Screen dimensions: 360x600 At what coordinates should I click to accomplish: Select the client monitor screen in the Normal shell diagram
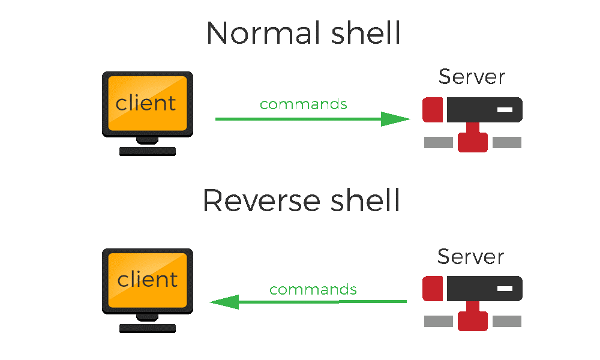(147, 103)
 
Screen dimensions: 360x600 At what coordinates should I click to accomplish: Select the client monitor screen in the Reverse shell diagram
(147, 280)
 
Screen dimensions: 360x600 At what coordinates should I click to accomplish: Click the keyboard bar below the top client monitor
(147, 151)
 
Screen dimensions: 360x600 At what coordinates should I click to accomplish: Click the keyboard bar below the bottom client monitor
(147, 328)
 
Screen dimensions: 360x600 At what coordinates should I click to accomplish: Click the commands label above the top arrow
(303, 104)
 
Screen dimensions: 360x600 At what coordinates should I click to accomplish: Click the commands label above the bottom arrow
(313, 290)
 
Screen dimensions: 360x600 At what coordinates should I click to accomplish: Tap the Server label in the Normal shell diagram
(472, 77)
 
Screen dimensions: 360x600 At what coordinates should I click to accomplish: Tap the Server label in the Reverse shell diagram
(470, 256)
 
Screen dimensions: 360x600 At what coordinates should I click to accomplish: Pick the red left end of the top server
(432, 110)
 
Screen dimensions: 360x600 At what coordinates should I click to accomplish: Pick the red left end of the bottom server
(432, 289)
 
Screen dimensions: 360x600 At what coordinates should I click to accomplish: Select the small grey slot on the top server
(505, 110)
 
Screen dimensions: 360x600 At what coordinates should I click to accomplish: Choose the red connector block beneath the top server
(472, 142)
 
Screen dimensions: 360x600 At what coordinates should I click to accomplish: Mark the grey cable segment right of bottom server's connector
(507, 321)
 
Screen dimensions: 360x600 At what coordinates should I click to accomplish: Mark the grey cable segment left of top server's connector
(439, 142)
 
